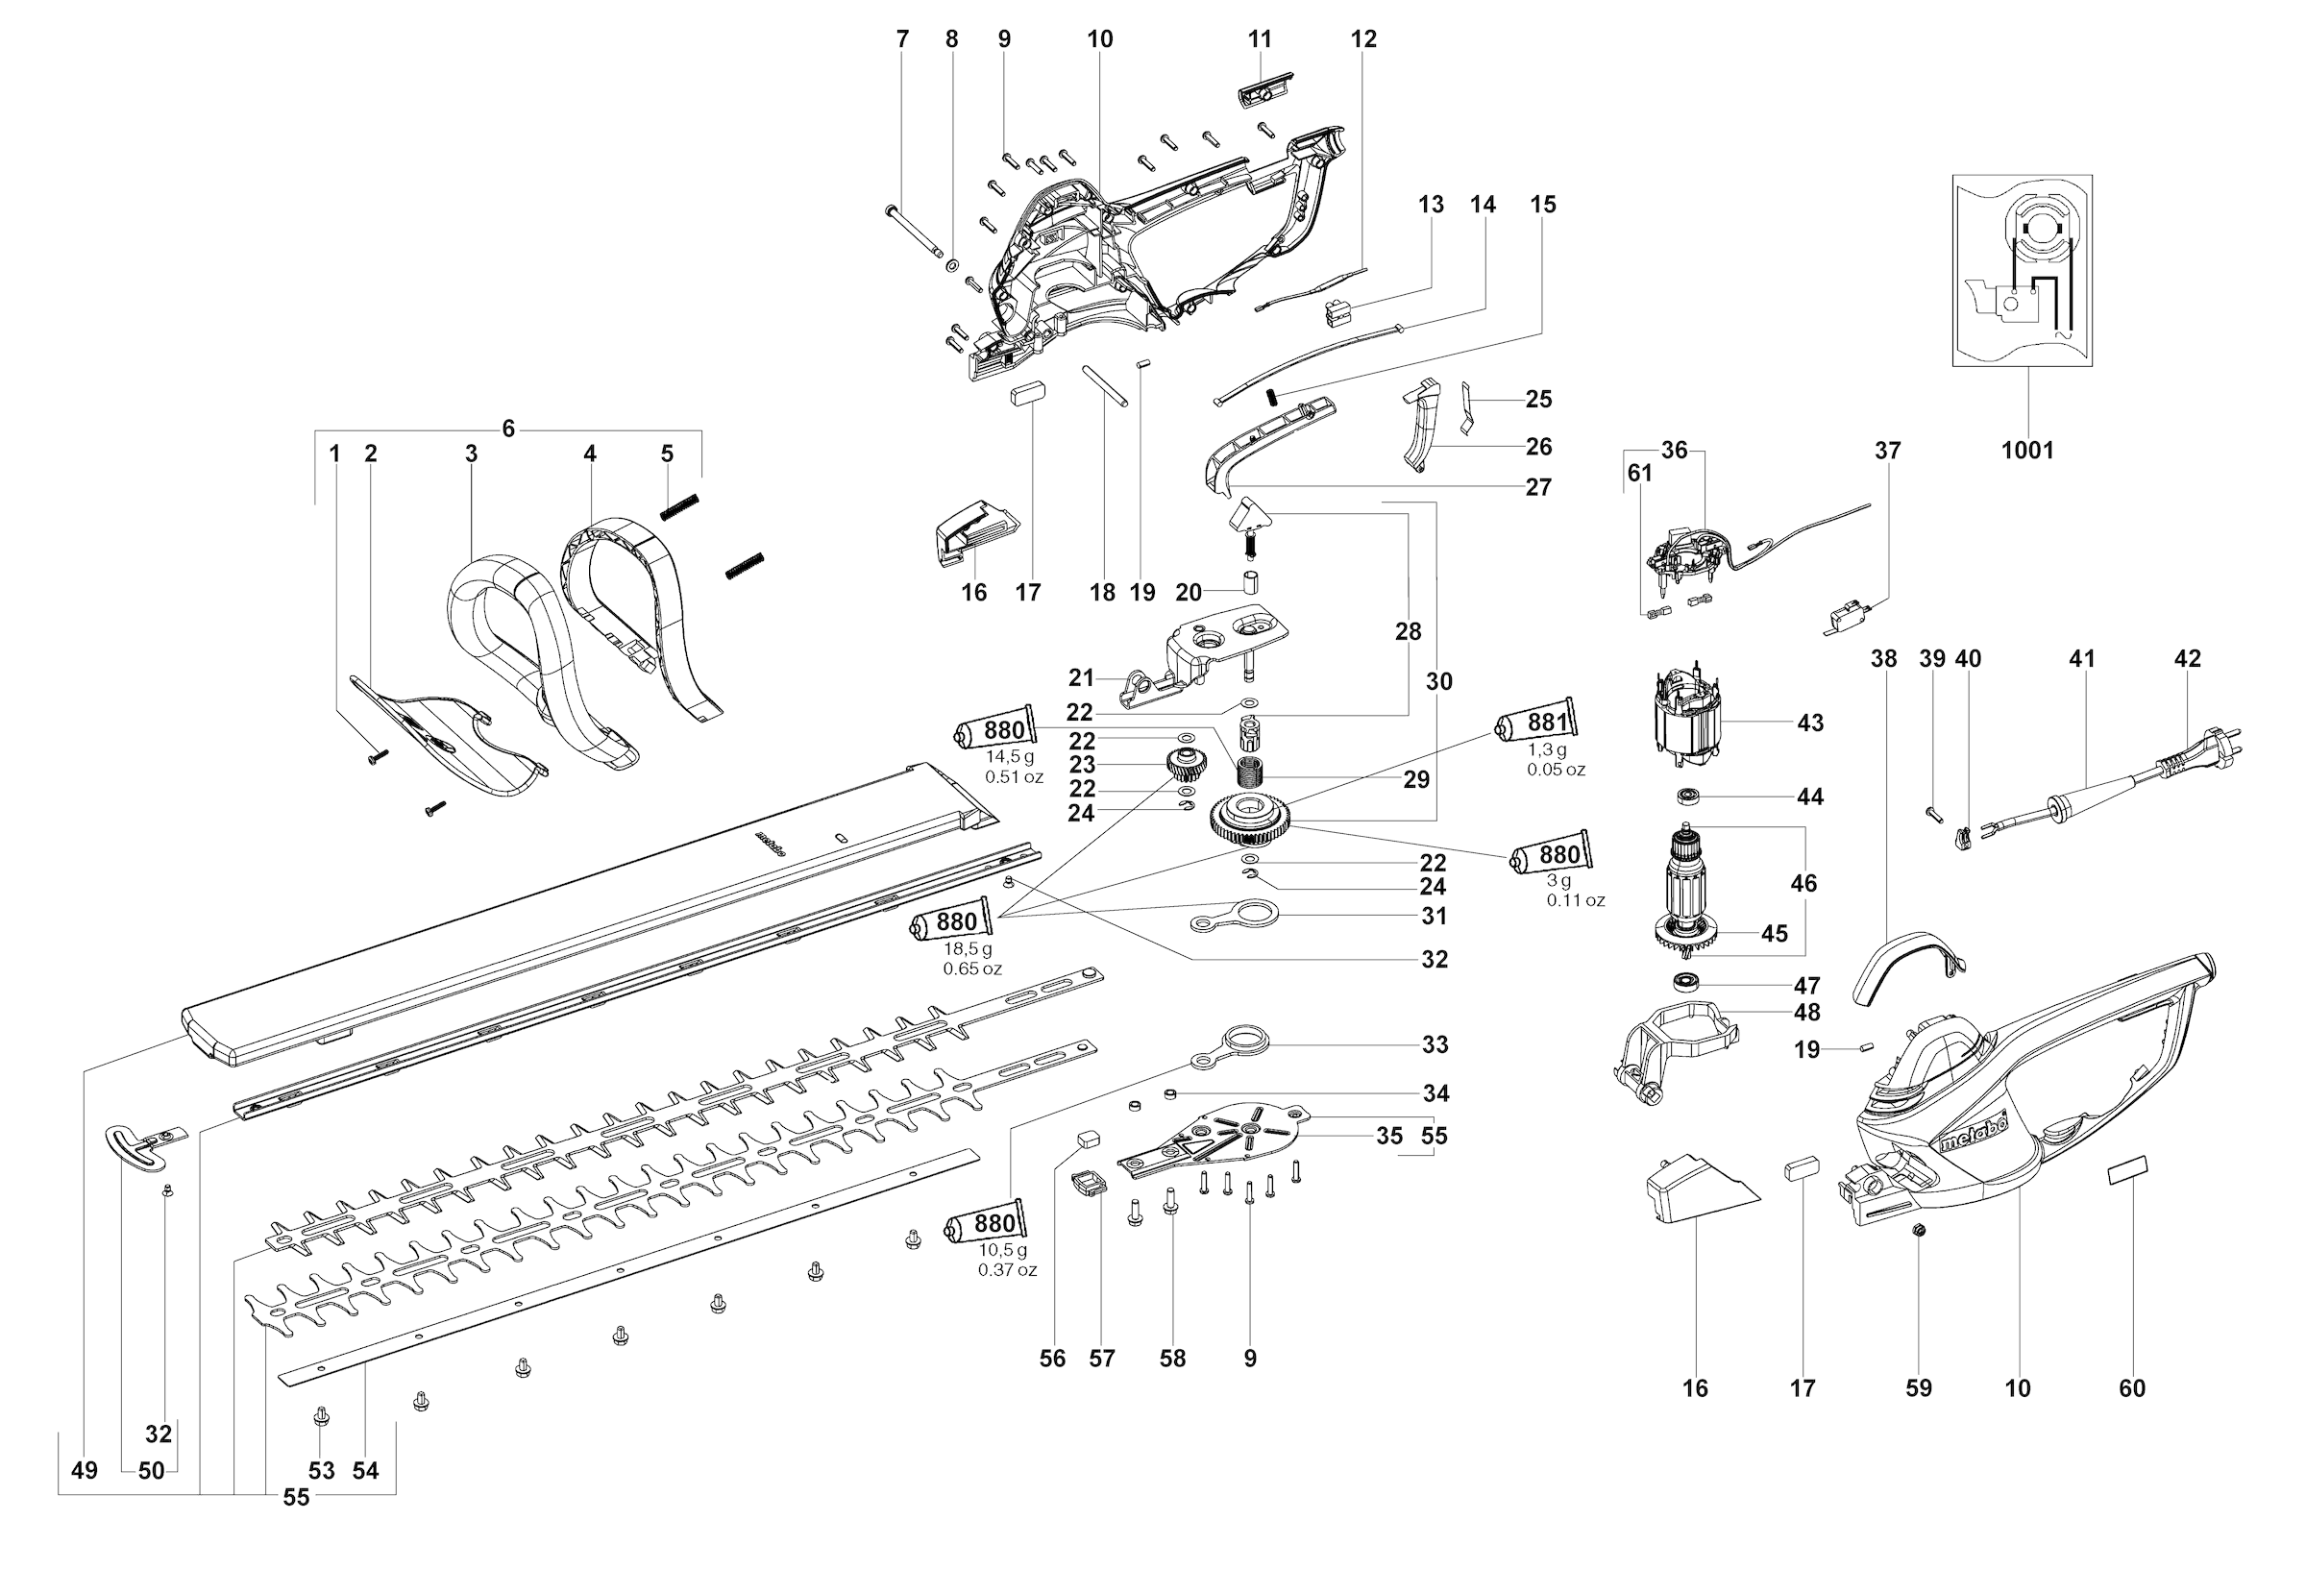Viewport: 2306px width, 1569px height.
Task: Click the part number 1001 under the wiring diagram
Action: click(x=2027, y=451)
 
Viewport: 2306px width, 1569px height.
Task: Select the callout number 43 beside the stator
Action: click(x=1810, y=723)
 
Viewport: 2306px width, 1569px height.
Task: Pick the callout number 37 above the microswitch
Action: click(x=1887, y=451)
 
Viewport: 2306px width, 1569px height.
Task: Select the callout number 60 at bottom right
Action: click(x=2131, y=1388)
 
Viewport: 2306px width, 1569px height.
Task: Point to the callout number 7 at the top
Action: click(x=902, y=39)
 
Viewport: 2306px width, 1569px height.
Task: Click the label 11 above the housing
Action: click(x=1259, y=39)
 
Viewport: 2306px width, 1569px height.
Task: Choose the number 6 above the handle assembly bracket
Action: click(x=508, y=429)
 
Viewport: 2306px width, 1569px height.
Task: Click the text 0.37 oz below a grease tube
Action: click(x=1006, y=1270)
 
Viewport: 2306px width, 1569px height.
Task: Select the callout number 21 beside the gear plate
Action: click(x=1081, y=677)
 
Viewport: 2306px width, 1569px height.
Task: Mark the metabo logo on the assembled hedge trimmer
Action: click(x=1974, y=1131)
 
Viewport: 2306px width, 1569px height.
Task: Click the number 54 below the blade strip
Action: click(x=365, y=1471)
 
